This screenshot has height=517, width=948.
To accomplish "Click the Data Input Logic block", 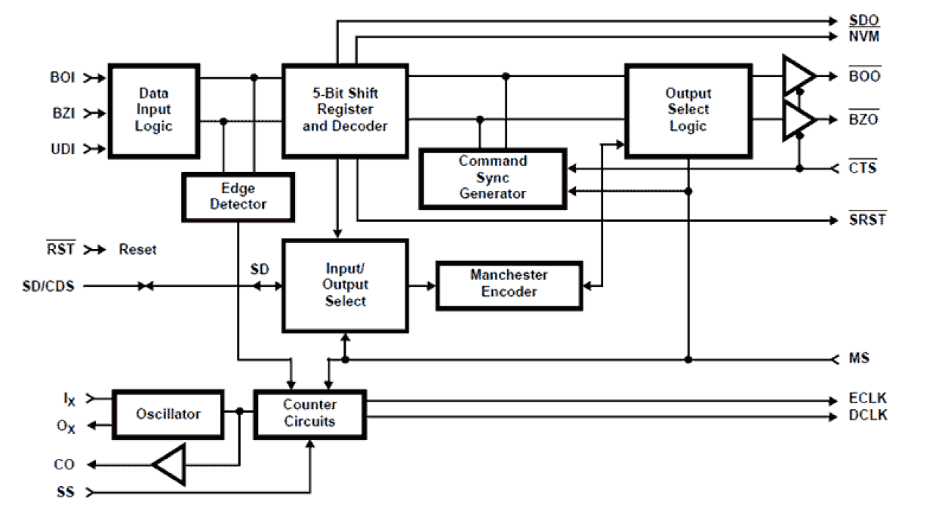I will pos(154,110).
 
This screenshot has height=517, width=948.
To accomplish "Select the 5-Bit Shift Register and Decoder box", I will pos(345,110).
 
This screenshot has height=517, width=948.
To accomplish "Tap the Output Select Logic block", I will pos(688,110).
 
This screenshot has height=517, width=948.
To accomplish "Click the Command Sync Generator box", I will pos(492,178).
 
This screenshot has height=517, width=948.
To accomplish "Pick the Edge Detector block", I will pos(238,196).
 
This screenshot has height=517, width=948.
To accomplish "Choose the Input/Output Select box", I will pos(345,285).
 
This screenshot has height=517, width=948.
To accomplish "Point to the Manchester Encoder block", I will pos(509,284).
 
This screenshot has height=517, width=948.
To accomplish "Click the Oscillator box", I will pos(168,414).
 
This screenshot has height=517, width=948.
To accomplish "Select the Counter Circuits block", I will pos(309,414).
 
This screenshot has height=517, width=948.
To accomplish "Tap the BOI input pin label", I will pos(63,77).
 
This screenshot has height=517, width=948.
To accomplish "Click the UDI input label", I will pos(63,149).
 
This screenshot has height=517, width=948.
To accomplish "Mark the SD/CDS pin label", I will pos(48,286).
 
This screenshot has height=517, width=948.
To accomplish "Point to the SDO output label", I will pos(863,21).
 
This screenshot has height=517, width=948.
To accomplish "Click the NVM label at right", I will pos(863,36).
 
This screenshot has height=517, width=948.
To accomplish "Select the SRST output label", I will pos(866,220).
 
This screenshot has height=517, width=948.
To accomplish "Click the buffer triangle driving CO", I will pos(170,464).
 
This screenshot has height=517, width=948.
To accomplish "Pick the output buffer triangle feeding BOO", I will pos(798,75).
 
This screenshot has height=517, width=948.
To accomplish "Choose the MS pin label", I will pos(859,358).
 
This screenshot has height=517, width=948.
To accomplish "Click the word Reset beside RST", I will pos(137,249).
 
